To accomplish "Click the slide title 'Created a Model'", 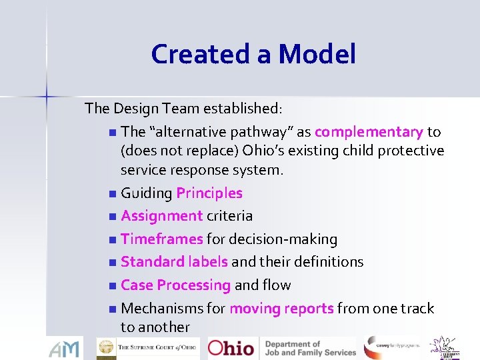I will click(253, 53).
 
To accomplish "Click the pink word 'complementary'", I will click(369, 132).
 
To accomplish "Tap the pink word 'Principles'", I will click(209, 193).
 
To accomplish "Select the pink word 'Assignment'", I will click(162, 216).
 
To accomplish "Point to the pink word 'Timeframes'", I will click(162, 239).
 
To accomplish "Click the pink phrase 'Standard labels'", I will click(174, 261).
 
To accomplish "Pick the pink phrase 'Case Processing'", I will click(175, 285).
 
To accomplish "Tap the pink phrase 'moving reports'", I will click(281, 308).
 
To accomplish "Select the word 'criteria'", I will click(230, 216).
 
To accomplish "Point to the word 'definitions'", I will click(327, 261).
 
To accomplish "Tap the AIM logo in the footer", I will click(65, 348).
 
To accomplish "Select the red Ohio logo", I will click(231, 348).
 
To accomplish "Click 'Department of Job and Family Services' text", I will click(311, 348).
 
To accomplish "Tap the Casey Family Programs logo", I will click(391, 347).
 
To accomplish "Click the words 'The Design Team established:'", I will click(184, 108).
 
